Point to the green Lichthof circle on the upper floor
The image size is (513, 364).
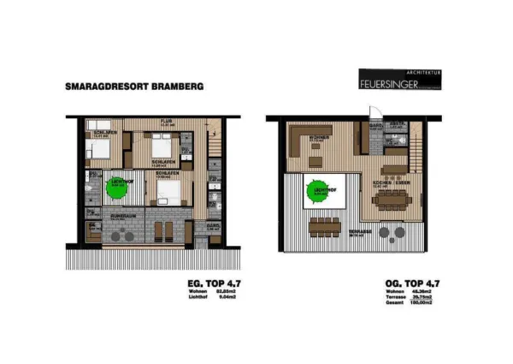tap(319, 193)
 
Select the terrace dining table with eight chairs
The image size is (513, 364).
tap(325, 228)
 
